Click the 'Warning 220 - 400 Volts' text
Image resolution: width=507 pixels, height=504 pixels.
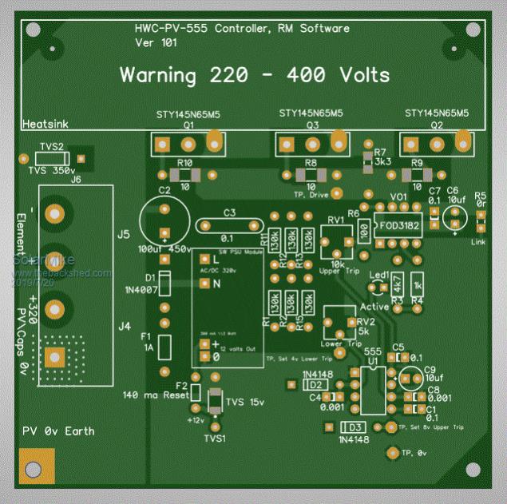[x=255, y=75]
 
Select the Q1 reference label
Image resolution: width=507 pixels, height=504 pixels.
[x=189, y=126]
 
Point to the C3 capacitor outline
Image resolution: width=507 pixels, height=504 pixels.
[x=230, y=226]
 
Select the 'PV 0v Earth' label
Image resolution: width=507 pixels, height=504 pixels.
[x=58, y=431]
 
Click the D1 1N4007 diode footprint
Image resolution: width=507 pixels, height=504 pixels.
[x=164, y=286]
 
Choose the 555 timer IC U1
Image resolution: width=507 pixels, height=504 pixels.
[x=370, y=388]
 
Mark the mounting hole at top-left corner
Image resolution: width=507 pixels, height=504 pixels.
[x=33, y=30]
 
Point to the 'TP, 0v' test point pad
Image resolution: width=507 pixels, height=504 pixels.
[x=391, y=453]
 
